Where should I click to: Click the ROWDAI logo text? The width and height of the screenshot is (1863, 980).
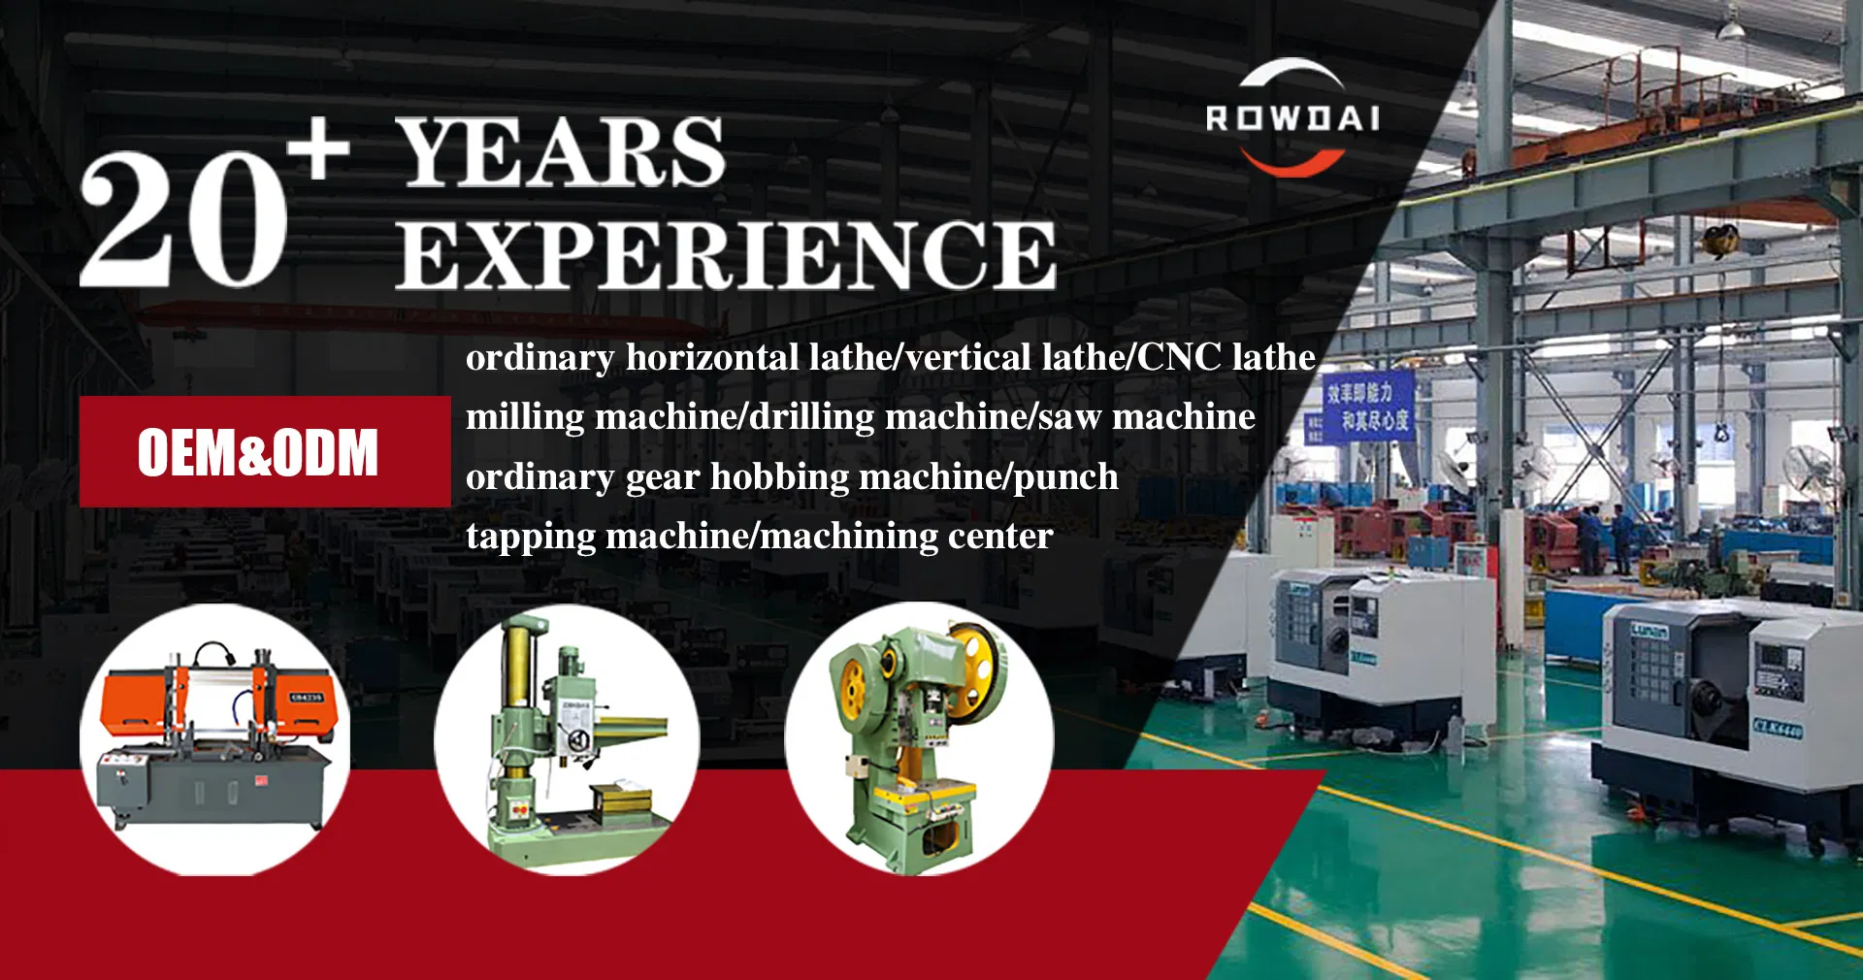coord(1291,118)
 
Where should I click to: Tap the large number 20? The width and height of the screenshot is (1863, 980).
coord(183,219)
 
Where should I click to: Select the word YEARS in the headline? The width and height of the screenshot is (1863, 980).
coord(561,152)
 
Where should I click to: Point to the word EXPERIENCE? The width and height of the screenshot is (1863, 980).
coord(726,255)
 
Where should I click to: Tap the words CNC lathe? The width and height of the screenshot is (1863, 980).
coord(1226,357)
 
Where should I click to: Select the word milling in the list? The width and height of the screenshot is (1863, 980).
coord(525,417)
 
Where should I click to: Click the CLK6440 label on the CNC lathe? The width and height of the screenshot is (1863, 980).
coord(1777,727)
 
